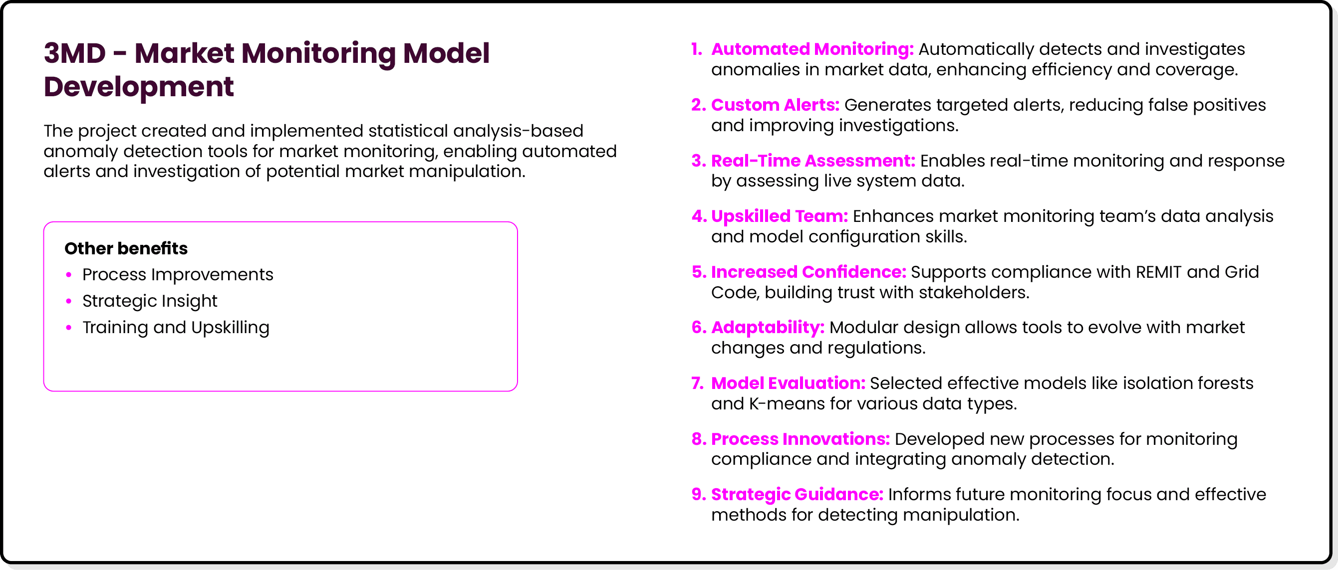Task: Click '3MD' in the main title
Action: [x=75, y=53]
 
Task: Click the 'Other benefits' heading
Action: [x=126, y=249]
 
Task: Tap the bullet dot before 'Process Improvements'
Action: [x=68, y=275]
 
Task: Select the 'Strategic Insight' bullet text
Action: [x=150, y=301]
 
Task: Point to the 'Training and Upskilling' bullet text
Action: [x=176, y=328]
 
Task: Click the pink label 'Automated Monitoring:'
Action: [x=812, y=49]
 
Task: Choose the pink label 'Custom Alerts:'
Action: [x=775, y=105]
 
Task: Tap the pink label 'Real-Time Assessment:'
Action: [x=813, y=161]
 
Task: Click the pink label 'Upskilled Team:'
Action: [x=779, y=216]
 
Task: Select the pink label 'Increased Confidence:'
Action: [x=808, y=272]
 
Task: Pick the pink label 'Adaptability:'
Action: [x=768, y=328]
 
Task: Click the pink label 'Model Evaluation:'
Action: [x=788, y=383]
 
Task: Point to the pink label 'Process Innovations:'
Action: [x=800, y=439]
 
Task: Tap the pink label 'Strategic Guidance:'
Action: [x=797, y=495]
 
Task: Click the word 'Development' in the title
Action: [x=139, y=87]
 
